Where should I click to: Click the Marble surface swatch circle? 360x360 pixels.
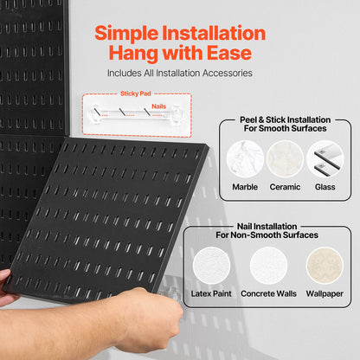click(245, 158)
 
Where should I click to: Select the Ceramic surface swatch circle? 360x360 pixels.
click(285, 158)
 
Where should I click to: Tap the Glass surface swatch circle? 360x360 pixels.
click(325, 158)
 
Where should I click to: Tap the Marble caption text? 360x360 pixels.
click(245, 186)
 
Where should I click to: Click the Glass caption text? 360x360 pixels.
click(325, 186)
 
